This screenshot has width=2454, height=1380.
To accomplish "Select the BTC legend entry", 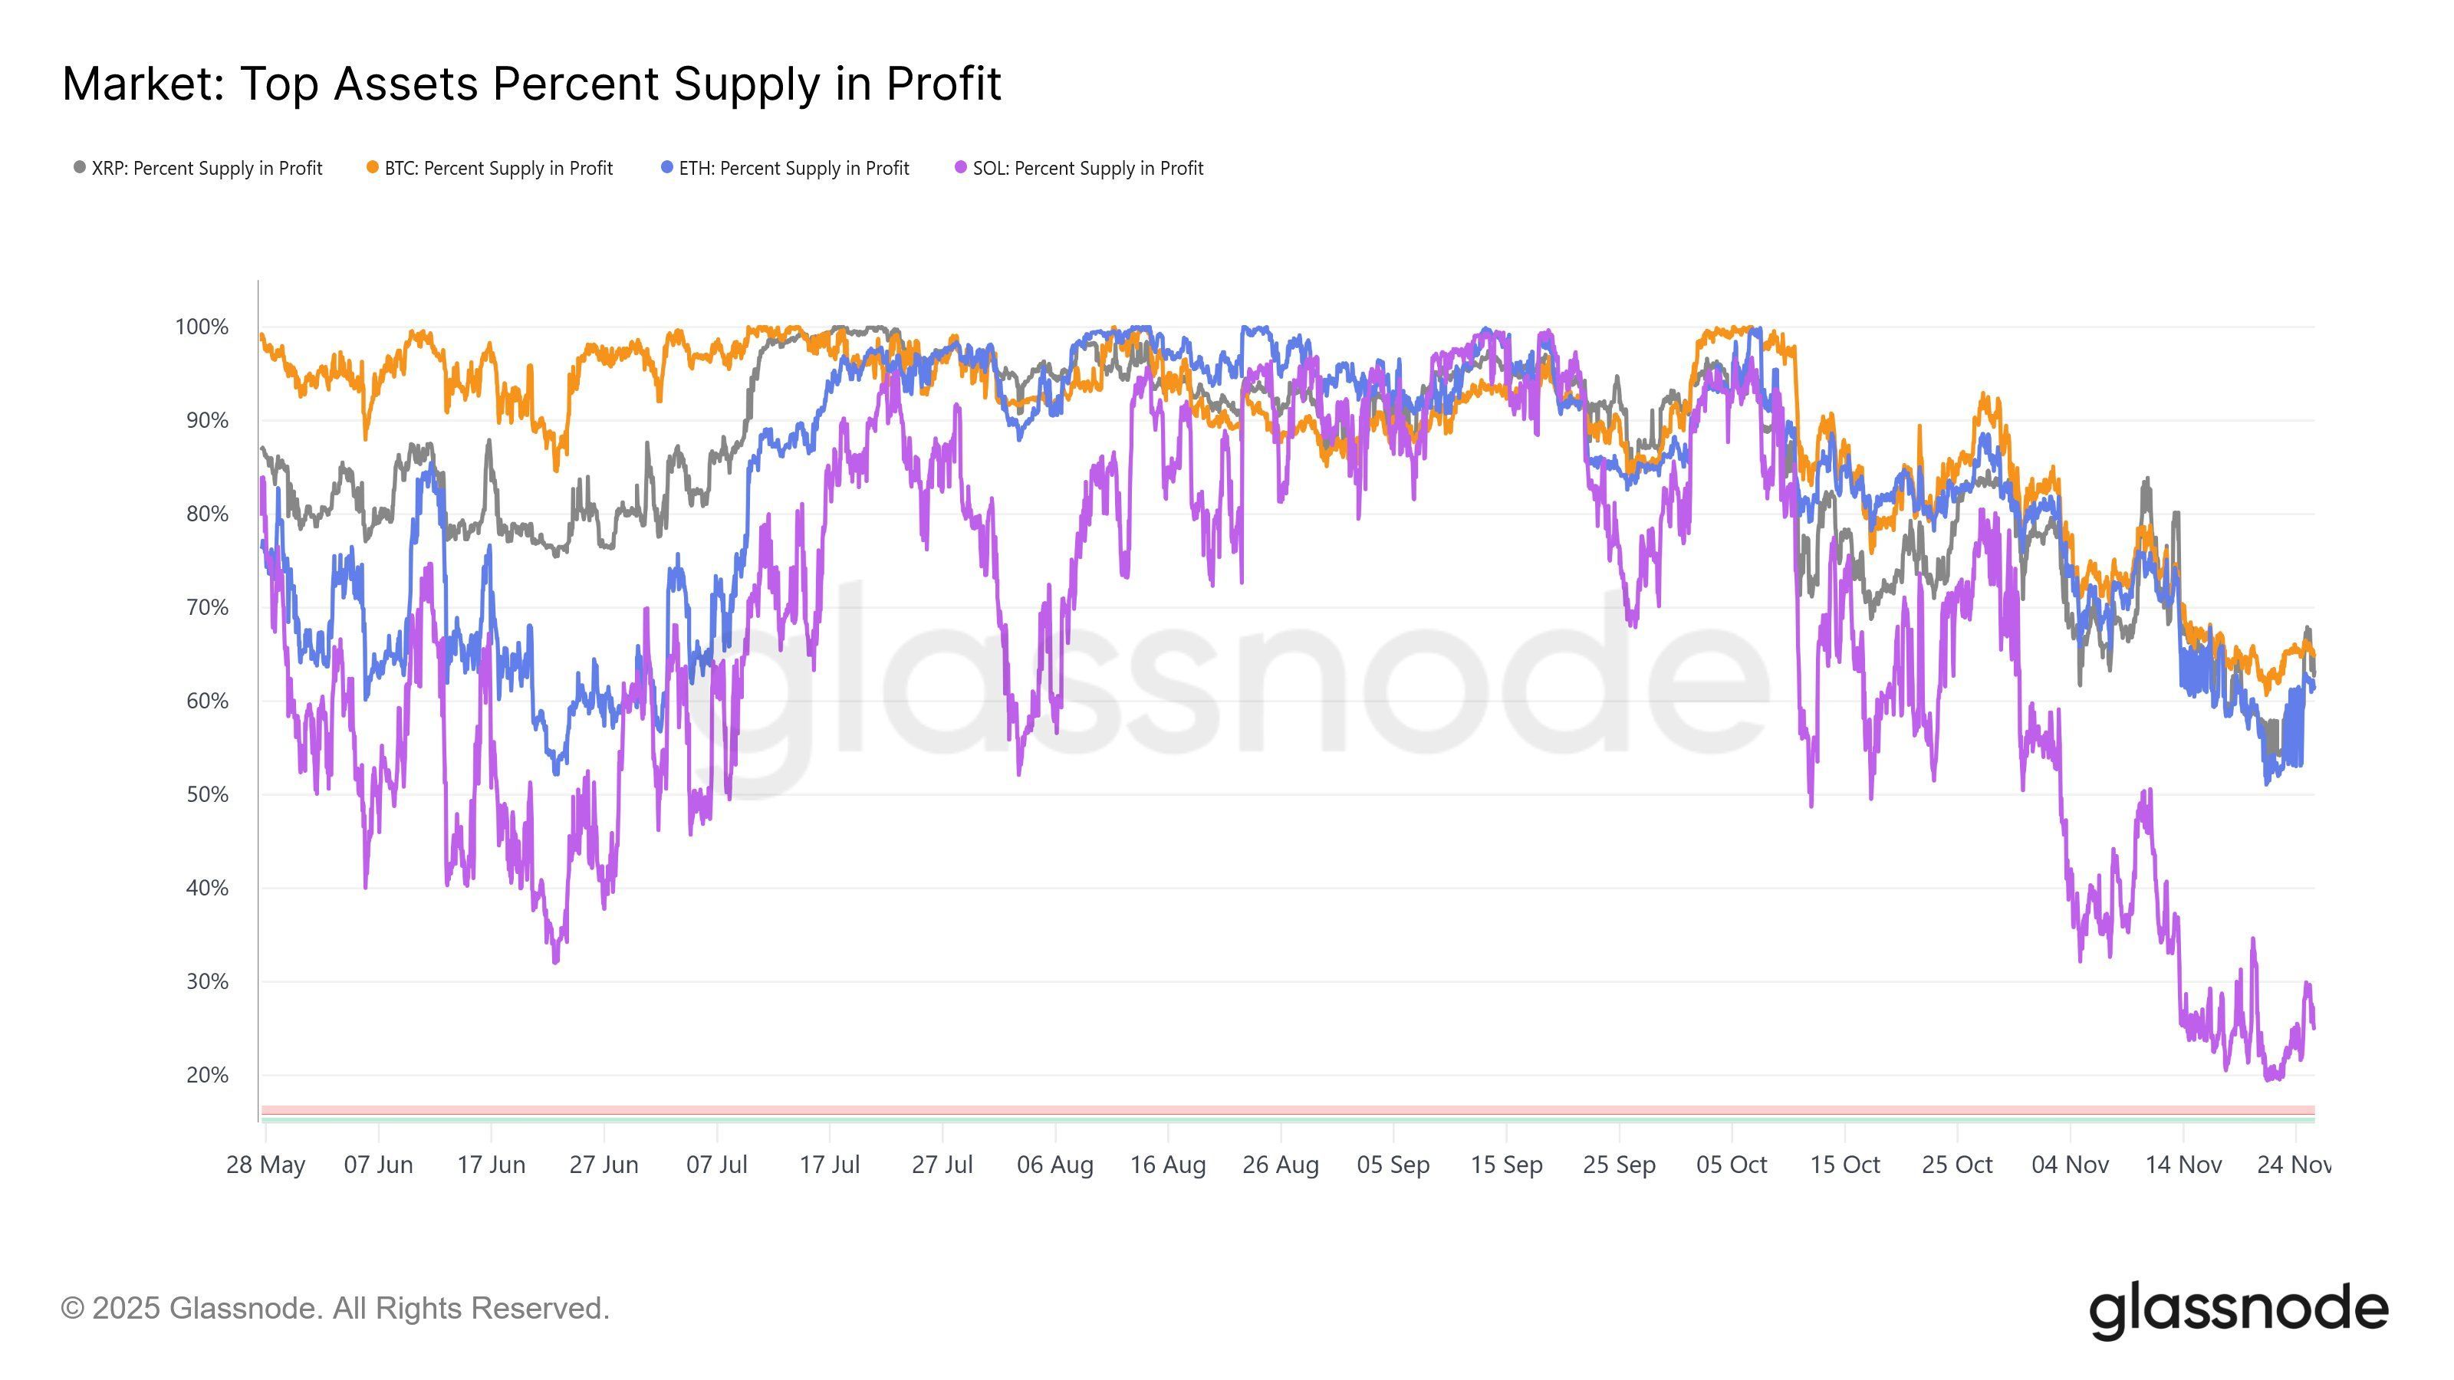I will pos(490,169).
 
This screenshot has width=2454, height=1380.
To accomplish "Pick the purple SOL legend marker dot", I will pos(960,168).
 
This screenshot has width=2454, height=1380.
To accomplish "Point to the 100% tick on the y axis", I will pos(202,327).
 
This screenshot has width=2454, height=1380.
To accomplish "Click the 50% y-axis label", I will pos(207,795).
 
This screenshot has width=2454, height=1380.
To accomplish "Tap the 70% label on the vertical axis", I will pos(207,608).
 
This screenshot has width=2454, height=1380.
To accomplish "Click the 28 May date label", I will pos(266,1165).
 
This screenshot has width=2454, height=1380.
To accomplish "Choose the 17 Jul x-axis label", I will pos(829,1165).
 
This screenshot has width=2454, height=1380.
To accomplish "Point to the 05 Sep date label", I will pos(1393,1165).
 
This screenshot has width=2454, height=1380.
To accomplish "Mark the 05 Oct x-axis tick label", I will pos(1731,1165).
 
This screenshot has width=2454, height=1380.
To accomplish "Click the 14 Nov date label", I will pos(2183,1165).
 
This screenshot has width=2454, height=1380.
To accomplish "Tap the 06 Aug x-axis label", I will pos(1054,1165).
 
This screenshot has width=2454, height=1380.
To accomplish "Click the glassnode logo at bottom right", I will pos(2239,1312).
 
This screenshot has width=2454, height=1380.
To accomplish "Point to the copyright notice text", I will pos(335,1309).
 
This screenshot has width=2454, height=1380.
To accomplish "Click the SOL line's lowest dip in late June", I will pos(555,960).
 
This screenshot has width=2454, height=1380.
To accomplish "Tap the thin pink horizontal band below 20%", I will pos(1286,1109).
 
